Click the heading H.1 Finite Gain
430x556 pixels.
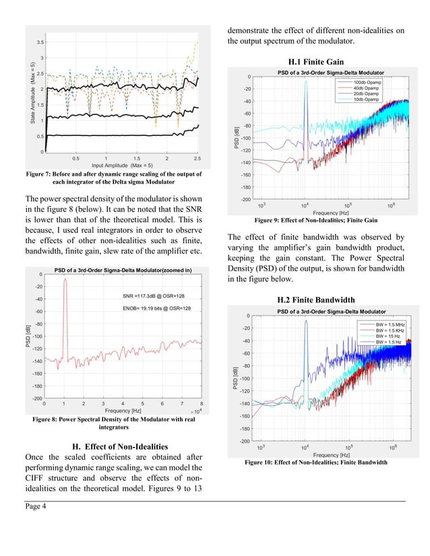click(x=315, y=62)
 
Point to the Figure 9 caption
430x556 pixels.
click(x=315, y=220)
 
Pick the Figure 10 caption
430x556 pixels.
click(x=315, y=462)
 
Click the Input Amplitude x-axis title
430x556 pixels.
click(x=122, y=165)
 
